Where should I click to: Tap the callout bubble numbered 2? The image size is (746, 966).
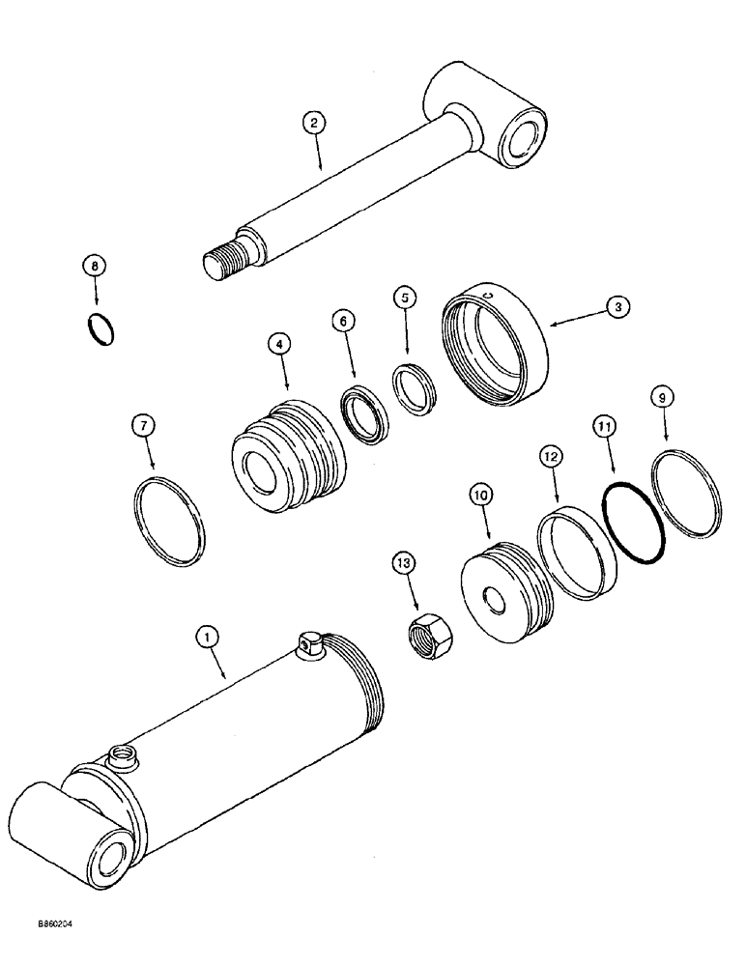(x=312, y=123)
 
